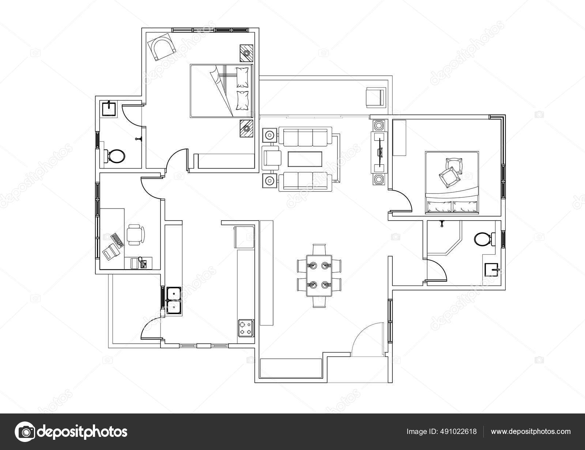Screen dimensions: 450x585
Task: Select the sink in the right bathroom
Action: [492, 270]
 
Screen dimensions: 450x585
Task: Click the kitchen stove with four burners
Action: [245, 328]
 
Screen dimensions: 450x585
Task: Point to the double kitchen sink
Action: [173, 300]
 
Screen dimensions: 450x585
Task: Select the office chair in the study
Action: [136, 235]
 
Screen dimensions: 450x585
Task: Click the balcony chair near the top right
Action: [375, 97]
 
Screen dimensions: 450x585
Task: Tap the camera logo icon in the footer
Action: [25, 431]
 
